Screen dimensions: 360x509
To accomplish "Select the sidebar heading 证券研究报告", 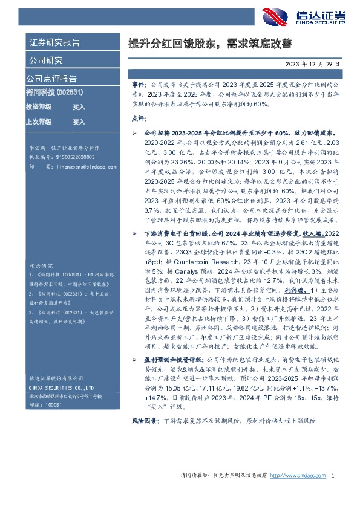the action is pyautogui.click(x=54, y=43).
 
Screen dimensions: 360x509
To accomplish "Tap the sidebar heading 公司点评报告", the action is pyautogui.click(x=51, y=78).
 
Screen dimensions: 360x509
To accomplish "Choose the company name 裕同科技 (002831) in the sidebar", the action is pyautogui.click(x=55, y=92).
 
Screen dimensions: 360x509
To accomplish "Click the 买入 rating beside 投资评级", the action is pyautogui.click(x=79, y=107).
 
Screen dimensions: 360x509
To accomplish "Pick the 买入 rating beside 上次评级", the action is pyautogui.click(x=79, y=122).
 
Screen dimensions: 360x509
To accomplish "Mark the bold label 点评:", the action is pyautogui.click(x=139, y=117).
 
